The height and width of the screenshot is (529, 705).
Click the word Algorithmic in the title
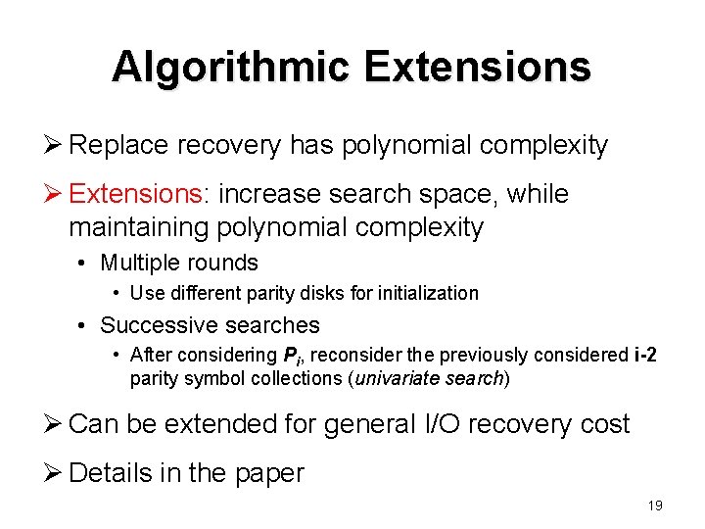[231, 68]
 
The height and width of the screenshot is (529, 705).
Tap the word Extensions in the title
[478, 68]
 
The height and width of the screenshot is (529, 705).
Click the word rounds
[227, 263]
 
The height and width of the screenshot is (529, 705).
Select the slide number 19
[655, 505]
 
